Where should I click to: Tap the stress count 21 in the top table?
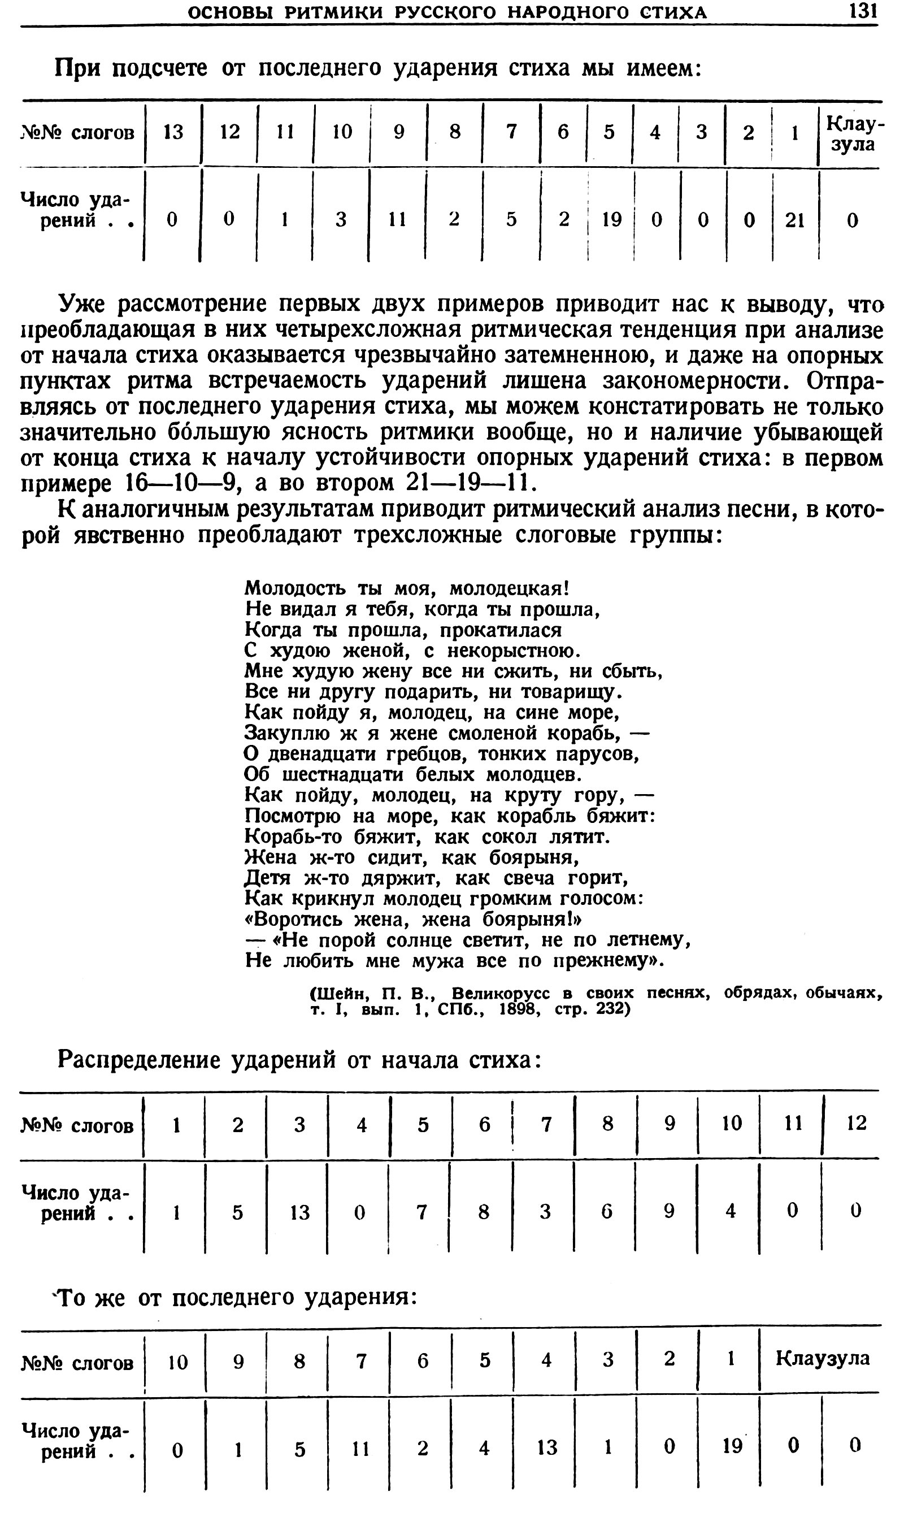tap(795, 220)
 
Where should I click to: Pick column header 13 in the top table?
tap(173, 132)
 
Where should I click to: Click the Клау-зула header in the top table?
tap(851, 134)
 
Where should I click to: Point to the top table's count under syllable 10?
tap(341, 220)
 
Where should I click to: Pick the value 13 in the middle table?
tap(299, 1212)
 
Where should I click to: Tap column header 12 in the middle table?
tap(856, 1123)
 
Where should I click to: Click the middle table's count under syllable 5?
tap(421, 1212)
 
